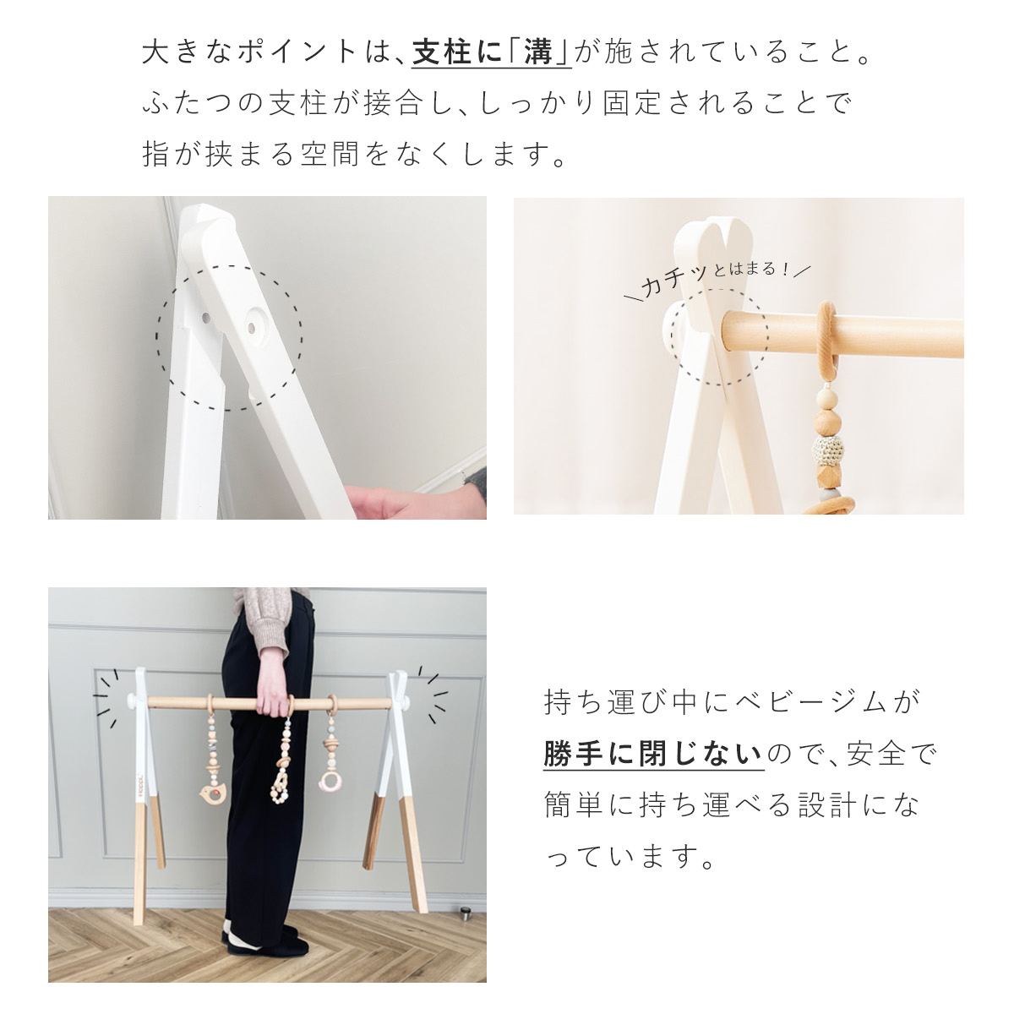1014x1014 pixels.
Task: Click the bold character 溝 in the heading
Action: (x=537, y=52)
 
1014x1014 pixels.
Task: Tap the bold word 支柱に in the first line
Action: (x=457, y=52)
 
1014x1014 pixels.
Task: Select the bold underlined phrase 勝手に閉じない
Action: (x=653, y=754)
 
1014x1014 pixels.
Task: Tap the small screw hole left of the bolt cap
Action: (x=205, y=318)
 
